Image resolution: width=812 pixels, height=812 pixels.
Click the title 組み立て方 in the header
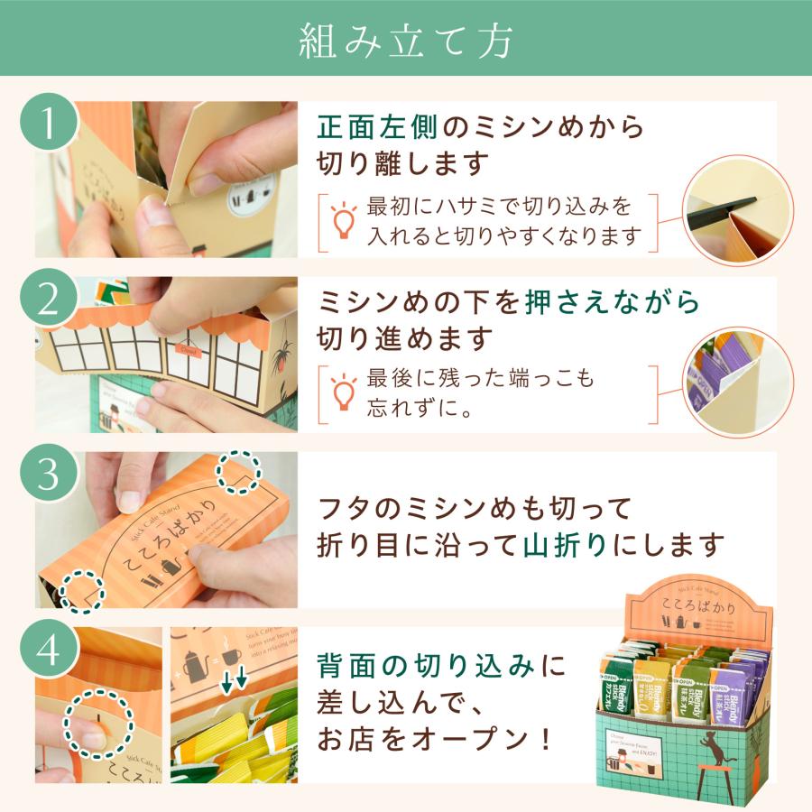point(405,38)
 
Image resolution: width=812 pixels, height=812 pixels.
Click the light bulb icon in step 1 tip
point(343,220)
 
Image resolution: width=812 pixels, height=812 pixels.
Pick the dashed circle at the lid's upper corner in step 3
point(238,473)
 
